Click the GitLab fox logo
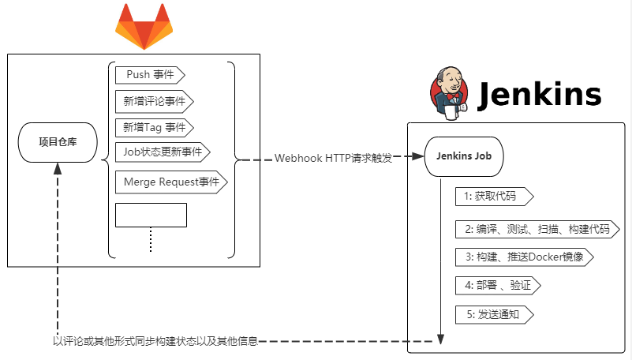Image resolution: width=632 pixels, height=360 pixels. (144, 27)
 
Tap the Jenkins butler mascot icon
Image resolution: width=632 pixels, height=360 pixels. (447, 95)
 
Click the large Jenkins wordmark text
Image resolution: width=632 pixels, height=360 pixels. (540, 96)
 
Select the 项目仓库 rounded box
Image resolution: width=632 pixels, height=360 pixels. (58, 143)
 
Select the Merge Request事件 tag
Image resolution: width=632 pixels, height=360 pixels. (171, 182)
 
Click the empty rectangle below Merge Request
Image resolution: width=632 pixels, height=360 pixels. (151, 215)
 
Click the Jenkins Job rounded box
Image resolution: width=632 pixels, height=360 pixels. (464, 156)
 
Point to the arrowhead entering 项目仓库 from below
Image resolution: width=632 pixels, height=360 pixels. (58, 170)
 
